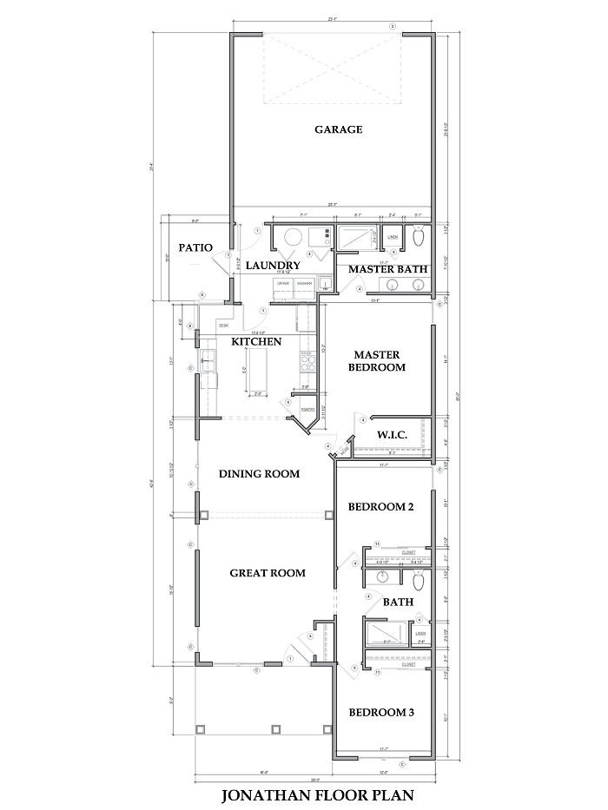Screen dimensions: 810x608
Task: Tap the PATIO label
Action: click(195, 247)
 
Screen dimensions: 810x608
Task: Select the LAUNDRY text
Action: click(272, 265)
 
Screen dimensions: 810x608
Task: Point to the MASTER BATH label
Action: click(387, 269)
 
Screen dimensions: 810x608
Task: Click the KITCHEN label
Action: click(255, 342)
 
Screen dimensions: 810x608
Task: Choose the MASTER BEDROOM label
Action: click(378, 360)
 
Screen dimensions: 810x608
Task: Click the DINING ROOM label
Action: click(259, 474)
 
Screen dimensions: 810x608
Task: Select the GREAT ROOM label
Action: click(267, 573)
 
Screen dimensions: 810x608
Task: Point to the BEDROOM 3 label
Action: click(380, 713)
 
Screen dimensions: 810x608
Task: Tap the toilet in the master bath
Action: click(419, 235)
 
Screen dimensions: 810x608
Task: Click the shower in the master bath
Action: click(356, 235)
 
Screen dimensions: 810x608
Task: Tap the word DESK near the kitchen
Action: click(223, 326)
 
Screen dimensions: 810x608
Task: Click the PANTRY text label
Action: click(306, 409)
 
